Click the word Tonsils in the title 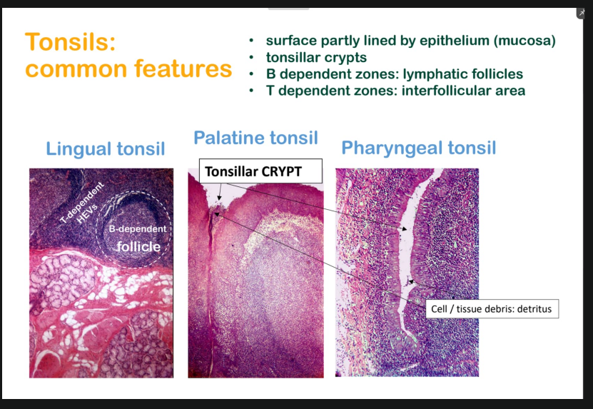point(70,43)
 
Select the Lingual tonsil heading point(105,148)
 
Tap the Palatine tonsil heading point(255,138)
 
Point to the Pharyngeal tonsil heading point(418,148)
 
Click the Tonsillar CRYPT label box point(260,171)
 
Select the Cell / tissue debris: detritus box point(492,309)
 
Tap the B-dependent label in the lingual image point(138,229)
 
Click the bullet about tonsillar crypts point(316,58)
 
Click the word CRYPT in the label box point(285,171)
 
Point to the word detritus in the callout point(533,309)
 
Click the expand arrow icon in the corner point(582,14)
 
